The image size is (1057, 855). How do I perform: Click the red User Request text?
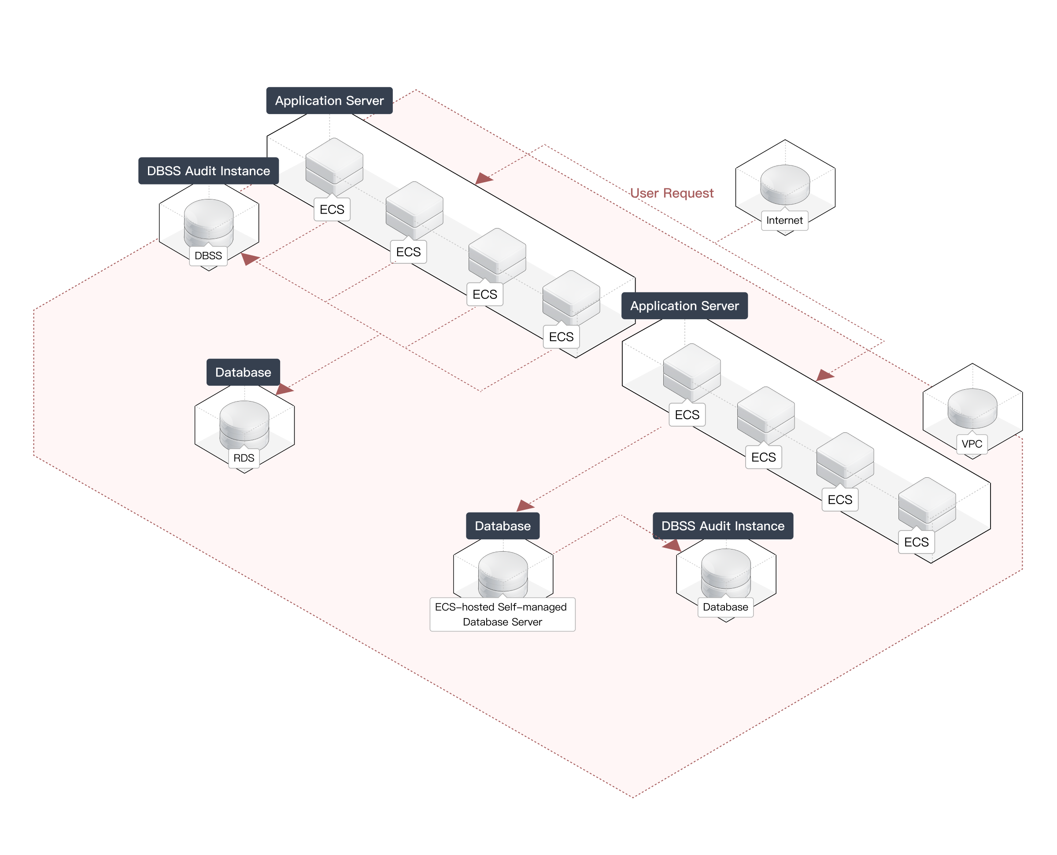[x=671, y=193]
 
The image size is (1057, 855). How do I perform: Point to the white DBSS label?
[x=208, y=256]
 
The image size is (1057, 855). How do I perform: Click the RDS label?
[x=244, y=458]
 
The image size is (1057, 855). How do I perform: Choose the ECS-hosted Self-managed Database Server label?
[x=502, y=614]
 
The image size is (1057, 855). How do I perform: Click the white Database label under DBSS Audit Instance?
[x=725, y=607]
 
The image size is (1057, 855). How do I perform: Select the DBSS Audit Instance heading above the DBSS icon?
[x=208, y=171]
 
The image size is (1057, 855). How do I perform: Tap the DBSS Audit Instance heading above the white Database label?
[x=723, y=526]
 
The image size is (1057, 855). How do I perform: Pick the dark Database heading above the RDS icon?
[x=243, y=372]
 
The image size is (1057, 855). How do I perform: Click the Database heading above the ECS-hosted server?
[x=503, y=526]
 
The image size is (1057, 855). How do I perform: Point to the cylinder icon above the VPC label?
[x=972, y=408]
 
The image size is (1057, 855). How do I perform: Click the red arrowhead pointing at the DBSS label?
[x=250, y=258]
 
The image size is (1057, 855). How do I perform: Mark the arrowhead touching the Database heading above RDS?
[x=284, y=390]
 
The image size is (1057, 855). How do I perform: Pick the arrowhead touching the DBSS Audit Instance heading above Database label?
[x=673, y=545]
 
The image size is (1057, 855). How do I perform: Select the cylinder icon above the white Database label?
[x=725, y=571]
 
